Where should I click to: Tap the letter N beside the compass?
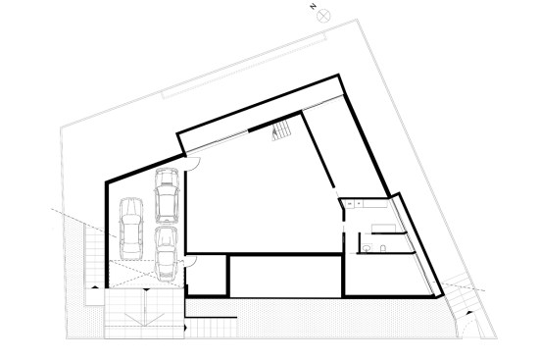click(x=312, y=7)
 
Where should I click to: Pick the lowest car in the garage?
click(x=166, y=251)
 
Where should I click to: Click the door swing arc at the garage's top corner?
click(x=193, y=162)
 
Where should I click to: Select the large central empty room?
click(x=260, y=196)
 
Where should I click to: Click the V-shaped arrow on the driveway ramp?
click(x=144, y=313)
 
